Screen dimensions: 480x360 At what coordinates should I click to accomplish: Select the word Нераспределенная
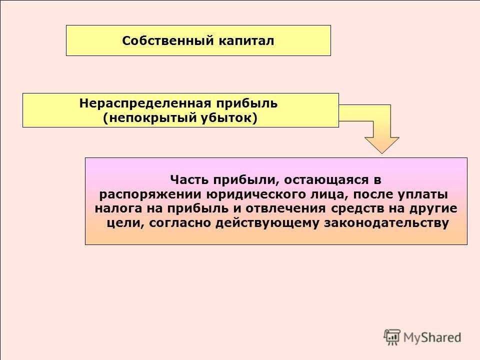[145, 103]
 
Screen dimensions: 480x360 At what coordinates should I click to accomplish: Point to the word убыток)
[229, 118]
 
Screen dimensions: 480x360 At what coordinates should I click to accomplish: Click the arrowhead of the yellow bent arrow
[381, 145]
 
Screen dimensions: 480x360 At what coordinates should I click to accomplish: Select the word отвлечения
[285, 209]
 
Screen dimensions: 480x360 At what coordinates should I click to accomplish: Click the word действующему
[267, 223]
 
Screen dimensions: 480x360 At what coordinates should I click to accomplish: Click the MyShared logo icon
[392, 337]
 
